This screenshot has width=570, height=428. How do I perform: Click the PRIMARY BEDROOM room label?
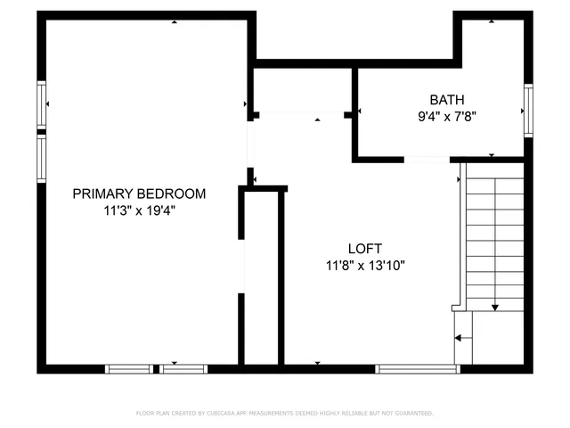[139, 193]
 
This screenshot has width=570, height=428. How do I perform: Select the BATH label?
[446, 100]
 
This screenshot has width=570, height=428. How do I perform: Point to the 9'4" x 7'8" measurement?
[446, 116]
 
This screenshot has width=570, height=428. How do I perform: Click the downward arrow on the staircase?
[495, 306]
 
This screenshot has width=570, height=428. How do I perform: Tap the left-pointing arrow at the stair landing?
[459, 338]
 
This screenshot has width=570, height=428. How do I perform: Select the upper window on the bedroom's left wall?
[41, 105]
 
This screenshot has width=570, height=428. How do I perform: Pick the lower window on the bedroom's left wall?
[41, 159]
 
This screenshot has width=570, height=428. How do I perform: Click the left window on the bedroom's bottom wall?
[129, 368]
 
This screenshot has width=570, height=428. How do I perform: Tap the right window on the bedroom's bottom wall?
[184, 368]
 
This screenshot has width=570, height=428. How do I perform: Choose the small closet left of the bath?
[303, 89]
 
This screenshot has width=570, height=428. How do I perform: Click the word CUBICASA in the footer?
[229, 414]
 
